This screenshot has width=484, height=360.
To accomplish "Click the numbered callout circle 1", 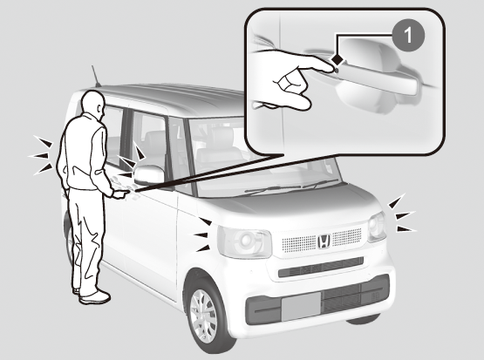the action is click(x=408, y=36).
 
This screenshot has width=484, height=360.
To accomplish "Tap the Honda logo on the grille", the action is click(x=324, y=241).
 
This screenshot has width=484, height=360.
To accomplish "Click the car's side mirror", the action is click(x=149, y=175).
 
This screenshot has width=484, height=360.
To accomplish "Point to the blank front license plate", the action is click(x=301, y=306).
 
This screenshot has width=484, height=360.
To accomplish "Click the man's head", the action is click(x=94, y=105).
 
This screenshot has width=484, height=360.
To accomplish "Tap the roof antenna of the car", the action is click(x=96, y=76).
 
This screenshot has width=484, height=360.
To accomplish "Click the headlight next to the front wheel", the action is click(x=244, y=241).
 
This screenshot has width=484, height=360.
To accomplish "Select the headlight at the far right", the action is click(x=377, y=227).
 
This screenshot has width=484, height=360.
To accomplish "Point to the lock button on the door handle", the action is click(x=337, y=71).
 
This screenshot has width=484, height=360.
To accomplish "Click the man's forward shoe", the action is click(x=95, y=297).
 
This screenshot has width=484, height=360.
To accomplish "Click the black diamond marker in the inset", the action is click(x=337, y=60).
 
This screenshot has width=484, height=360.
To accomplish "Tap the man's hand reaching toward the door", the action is click(x=120, y=194).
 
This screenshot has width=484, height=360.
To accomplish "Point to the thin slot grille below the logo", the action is click(x=321, y=267).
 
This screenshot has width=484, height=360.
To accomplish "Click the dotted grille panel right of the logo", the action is click(x=346, y=236).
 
